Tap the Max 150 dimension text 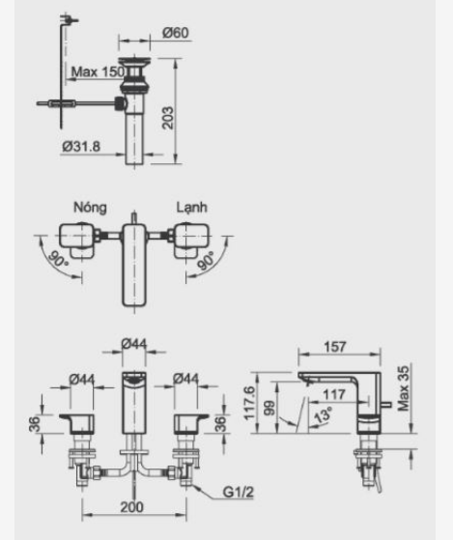[x=99, y=72]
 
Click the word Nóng [x=89, y=207]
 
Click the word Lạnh [x=190, y=207]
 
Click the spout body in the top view [x=132, y=266]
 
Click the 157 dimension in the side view [x=337, y=346]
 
